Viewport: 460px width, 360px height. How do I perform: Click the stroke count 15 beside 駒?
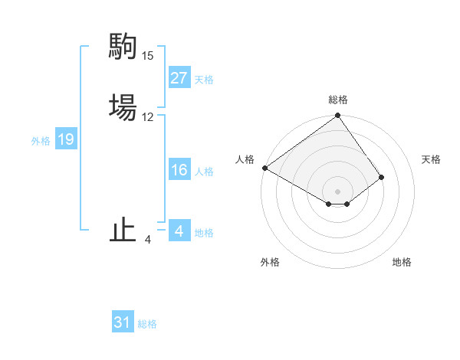[147, 56]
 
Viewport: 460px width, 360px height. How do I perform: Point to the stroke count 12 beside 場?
[147, 117]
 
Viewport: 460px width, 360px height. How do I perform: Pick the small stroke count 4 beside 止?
[147, 240]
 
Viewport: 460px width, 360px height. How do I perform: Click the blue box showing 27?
[179, 78]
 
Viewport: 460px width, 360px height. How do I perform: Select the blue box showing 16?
[179, 170]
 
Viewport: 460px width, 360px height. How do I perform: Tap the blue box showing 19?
[65, 139]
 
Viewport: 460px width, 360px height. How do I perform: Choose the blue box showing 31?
[123, 322]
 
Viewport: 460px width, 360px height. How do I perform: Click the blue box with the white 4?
[179, 231]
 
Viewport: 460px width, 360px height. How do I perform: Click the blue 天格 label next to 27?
[204, 80]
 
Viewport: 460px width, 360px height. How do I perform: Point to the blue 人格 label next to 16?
[204, 172]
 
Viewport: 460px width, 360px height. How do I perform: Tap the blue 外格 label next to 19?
[41, 141]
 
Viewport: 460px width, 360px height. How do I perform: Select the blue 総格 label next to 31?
[147, 324]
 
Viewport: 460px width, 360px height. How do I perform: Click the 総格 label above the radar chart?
[338, 100]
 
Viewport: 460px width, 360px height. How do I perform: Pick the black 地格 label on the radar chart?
[402, 263]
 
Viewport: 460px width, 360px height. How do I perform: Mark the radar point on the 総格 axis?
[338, 116]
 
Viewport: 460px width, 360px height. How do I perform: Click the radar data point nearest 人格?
[264, 168]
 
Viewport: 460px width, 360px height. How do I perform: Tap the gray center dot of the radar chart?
[338, 191]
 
